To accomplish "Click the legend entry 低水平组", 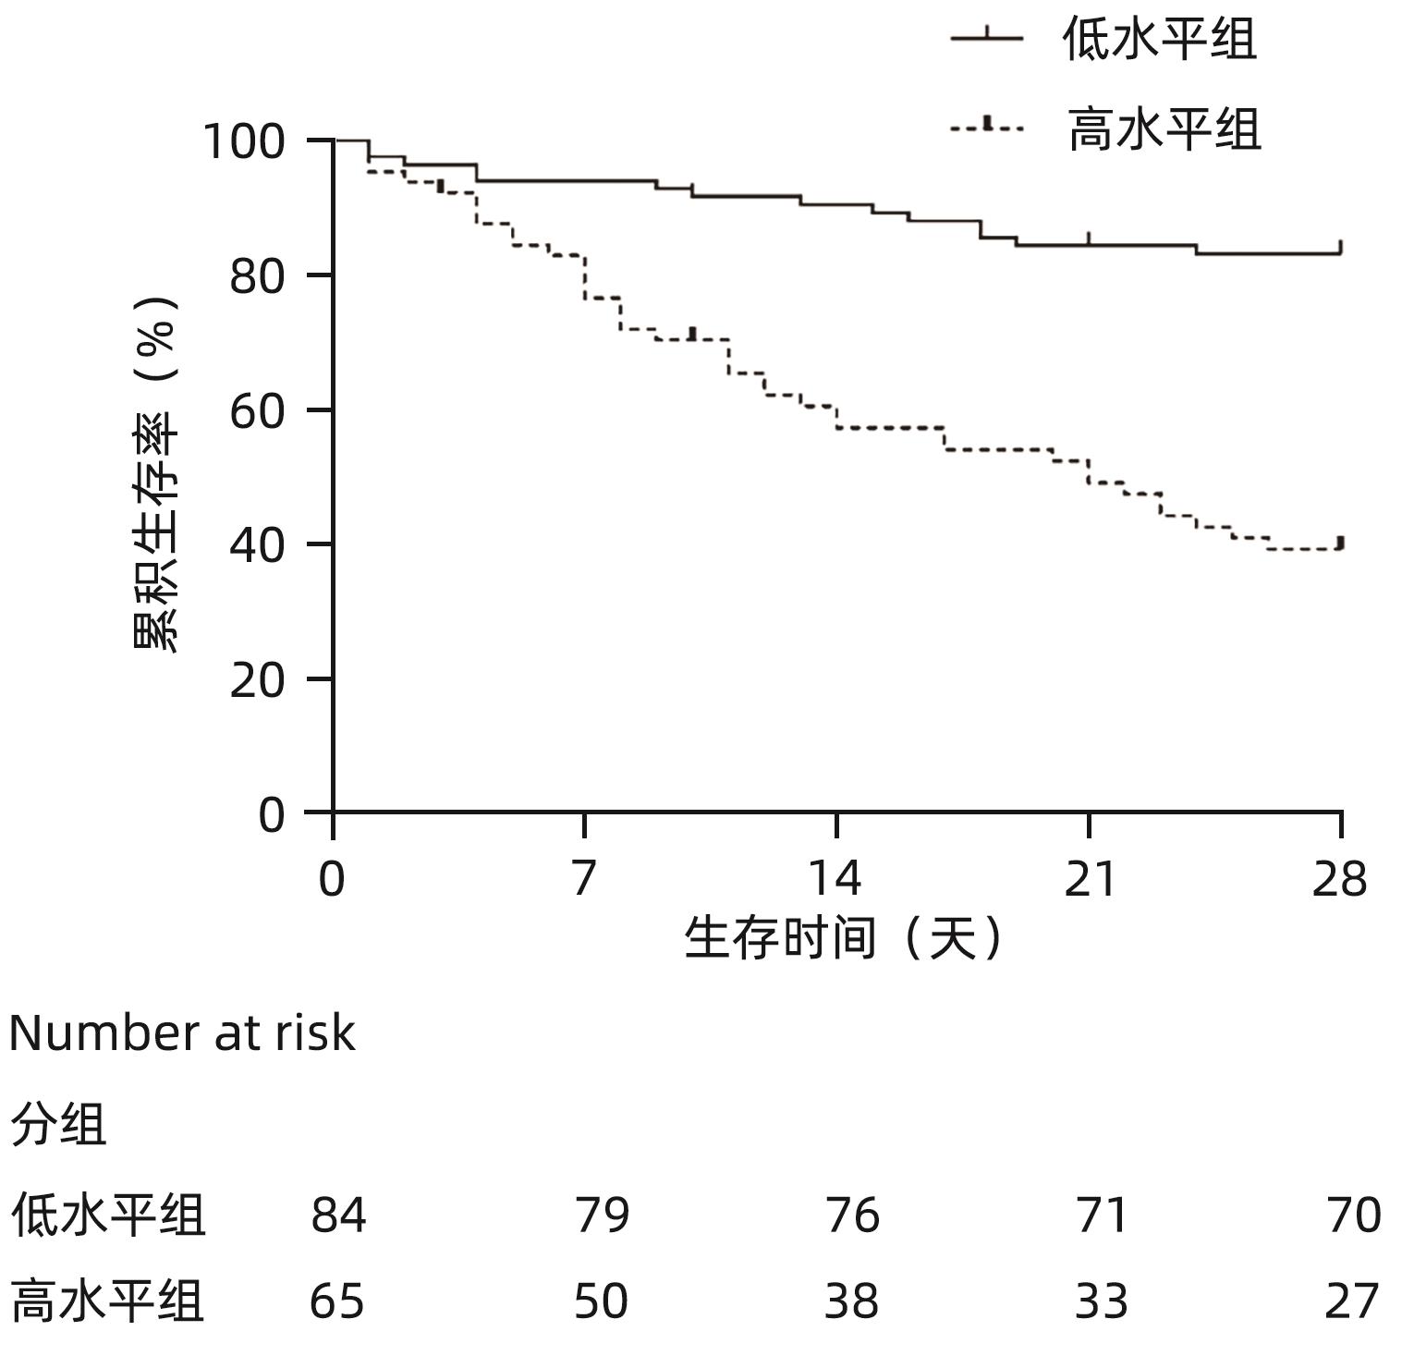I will (1159, 40).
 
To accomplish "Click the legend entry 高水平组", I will (1164, 128).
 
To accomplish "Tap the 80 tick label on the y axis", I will (256, 276).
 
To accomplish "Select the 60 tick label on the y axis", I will (256, 411).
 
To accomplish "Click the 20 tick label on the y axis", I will (256, 681).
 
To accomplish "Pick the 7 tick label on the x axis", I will (583, 878).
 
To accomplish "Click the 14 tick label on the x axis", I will (835, 878).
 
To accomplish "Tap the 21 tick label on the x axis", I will (1089, 878).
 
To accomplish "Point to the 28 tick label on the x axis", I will (1340, 878).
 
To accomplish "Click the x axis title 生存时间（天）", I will (843, 939).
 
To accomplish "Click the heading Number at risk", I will (181, 1033).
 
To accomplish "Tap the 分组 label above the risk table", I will (58, 1124).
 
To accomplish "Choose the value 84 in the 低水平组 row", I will (338, 1215).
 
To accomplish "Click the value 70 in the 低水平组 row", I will (1353, 1215).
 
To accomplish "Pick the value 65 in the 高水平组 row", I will (337, 1301).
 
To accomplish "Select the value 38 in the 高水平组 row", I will (851, 1301).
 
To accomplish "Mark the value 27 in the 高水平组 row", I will (1352, 1301).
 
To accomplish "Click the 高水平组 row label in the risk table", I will (107, 1301).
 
